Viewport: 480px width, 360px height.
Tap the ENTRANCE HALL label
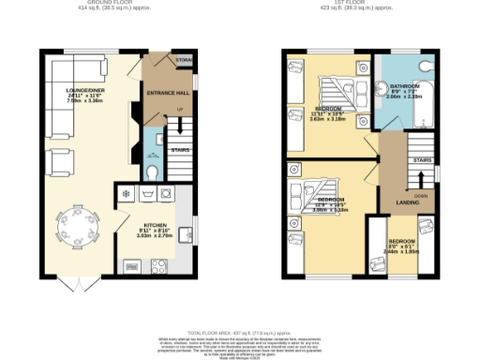(169, 94)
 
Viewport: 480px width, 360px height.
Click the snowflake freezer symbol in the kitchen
(125, 194)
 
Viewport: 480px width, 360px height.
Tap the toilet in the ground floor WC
(154, 172)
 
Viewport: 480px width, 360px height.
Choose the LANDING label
(409, 202)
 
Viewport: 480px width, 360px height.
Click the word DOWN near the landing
(422, 196)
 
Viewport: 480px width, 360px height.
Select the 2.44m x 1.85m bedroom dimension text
(404, 253)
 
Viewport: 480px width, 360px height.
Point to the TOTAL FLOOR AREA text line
(240, 333)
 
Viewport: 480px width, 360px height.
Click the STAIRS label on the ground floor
(179, 149)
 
